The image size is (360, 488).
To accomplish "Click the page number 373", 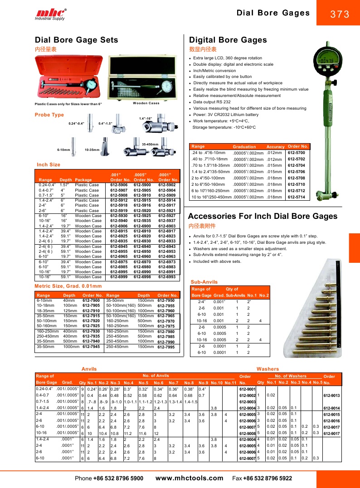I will point(340,14).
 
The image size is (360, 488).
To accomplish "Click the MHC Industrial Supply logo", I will point(50,14).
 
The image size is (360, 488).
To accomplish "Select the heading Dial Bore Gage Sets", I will point(77,40).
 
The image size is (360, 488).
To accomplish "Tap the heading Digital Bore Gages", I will point(228,40).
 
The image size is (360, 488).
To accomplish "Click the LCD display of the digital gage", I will point(327,61).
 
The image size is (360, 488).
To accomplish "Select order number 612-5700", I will point(297,153).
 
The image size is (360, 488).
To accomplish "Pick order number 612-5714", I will point(297,197).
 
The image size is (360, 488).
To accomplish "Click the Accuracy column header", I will point(275,147).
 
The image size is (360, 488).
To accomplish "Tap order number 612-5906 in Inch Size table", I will point(119,185).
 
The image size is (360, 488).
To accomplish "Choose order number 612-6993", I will point(167,276).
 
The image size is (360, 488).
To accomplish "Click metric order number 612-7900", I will point(91,300).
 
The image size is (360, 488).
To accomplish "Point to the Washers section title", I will point(268,369).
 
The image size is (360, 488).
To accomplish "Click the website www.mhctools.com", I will point(189,478).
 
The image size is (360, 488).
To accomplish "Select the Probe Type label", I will point(49,115).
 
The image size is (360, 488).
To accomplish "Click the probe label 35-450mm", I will point(150,144).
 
